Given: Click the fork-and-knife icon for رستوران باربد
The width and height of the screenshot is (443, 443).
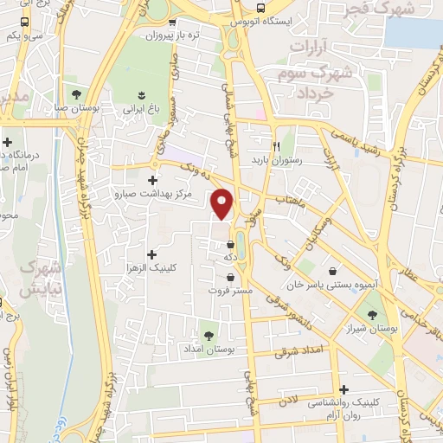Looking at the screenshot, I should tap(277, 145).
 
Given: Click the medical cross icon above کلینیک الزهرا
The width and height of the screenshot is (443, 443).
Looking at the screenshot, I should tap(152, 254).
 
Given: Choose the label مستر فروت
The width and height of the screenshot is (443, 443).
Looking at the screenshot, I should tap(230, 292).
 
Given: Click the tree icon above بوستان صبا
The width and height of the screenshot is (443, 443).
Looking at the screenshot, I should tap(77, 93).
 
